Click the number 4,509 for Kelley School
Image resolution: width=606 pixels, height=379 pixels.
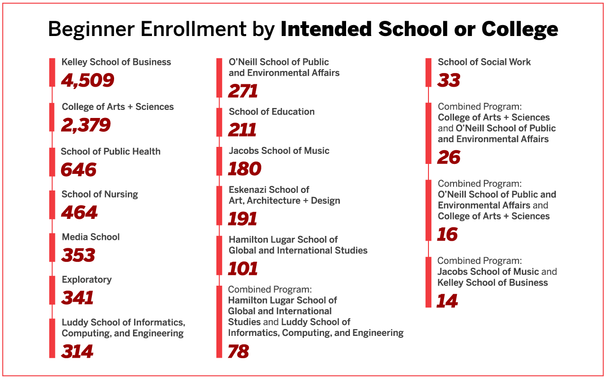coord(88,80)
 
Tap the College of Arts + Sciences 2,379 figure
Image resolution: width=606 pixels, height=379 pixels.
coord(86,125)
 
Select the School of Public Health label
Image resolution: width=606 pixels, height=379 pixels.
coord(111,152)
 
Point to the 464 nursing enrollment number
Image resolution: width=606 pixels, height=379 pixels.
coord(79,213)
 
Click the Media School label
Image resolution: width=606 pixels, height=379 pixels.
coord(91,237)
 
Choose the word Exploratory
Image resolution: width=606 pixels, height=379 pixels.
coord(87,280)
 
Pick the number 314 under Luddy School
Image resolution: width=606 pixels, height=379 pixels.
coord(77,351)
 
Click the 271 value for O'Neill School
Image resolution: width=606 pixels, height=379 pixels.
coord(243,91)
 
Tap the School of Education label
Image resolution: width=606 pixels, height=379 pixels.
coord(272,112)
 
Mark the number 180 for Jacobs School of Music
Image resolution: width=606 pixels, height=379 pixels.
coord(244,169)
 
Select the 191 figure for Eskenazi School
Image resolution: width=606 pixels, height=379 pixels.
coord(242,219)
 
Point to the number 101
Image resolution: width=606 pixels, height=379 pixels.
coord(242,269)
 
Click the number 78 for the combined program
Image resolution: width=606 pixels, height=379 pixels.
coord(238,352)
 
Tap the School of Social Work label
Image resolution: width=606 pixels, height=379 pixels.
coord(484,62)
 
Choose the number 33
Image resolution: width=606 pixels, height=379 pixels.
coord(448,81)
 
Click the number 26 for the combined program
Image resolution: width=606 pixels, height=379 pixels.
coord(448,157)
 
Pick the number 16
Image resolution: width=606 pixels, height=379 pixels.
coord(447,235)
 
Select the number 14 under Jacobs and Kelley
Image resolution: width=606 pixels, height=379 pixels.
coord(447,301)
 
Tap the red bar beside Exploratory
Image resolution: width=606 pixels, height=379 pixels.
coord(52,290)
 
